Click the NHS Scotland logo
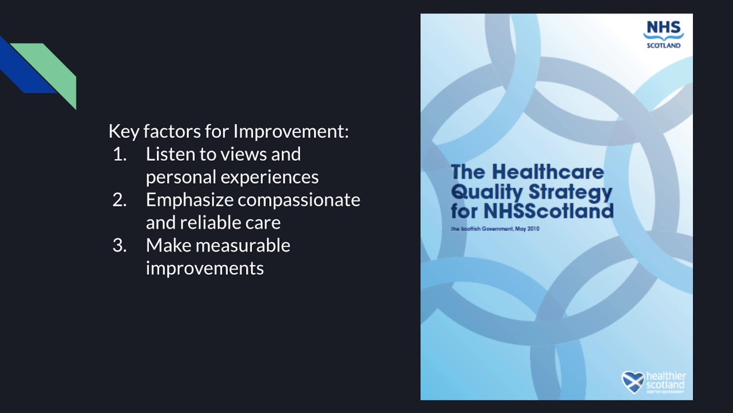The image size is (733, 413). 663,34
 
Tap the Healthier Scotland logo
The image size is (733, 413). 653,382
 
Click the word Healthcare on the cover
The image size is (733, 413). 548,172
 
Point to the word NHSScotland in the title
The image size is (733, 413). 548,211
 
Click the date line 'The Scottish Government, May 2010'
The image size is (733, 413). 495,229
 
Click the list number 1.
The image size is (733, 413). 119,154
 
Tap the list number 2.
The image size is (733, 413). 119,200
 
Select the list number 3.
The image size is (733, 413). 119,246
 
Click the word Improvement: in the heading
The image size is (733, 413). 290,131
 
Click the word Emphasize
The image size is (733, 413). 189,200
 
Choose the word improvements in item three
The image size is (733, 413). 204,268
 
